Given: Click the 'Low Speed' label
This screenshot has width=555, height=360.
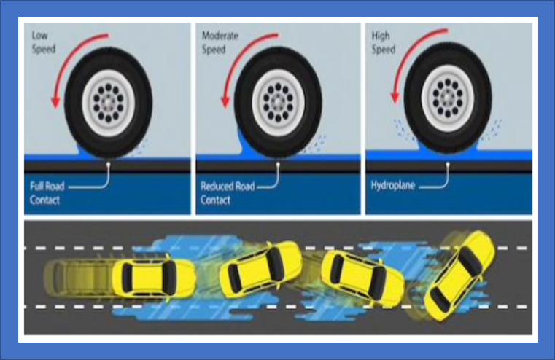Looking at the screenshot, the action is tap(44, 42).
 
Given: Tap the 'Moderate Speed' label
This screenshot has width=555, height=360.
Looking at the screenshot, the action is tap(220, 42).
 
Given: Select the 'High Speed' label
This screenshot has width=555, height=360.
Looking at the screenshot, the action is tap(384, 42).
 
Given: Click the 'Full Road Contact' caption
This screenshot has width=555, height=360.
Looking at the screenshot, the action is tap(47, 193).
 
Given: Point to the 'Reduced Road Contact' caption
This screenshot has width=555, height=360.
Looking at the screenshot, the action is tap(228, 193).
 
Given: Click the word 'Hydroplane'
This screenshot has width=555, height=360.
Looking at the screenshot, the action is tap(393, 186).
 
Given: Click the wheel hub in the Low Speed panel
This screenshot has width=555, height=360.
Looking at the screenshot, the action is tap(109, 103).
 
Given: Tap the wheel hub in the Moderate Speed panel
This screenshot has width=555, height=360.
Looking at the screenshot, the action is tap(278, 103).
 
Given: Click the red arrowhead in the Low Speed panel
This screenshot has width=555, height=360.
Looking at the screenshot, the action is tap(55, 101).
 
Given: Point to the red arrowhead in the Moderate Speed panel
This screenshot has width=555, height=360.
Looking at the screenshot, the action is tap(225, 101).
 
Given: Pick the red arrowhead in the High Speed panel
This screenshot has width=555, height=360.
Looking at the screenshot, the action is tap(395, 98).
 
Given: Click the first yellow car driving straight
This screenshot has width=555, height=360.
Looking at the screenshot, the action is tap(154, 278).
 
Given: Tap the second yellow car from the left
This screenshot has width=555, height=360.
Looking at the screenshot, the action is tap(260, 270).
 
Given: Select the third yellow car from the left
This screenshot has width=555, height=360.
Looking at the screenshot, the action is tap(362, 278).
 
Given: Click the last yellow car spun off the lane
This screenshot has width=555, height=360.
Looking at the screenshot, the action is tap(459, 276).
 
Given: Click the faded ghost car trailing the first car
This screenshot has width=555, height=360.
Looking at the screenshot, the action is tap(79, 278).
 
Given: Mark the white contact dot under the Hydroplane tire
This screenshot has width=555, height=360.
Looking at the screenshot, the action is tap(448, 164).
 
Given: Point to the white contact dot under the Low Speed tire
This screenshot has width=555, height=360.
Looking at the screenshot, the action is tap(109, 165).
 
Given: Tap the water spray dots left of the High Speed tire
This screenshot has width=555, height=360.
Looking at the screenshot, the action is tap(403, 130).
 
